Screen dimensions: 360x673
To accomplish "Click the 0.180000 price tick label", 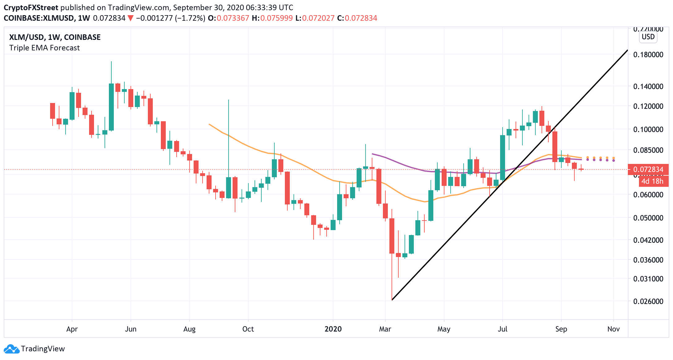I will [648, 55].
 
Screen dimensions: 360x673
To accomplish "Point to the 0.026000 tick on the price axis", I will [648, 301].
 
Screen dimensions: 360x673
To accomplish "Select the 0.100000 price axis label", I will [648, 129].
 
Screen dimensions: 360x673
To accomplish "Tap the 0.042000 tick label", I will [648, 240].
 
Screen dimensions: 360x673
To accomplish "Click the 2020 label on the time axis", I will [333, 329].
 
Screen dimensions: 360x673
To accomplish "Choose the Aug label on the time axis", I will [189, 329].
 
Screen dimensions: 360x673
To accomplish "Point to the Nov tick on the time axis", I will [613, 329].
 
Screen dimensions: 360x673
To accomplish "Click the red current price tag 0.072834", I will [648, 169].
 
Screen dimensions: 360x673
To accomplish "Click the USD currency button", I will [648, 37].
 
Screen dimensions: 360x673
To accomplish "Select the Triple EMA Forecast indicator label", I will [44, 48].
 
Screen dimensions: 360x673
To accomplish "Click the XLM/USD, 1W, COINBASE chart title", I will [55, 37].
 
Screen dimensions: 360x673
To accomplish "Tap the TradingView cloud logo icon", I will [11, 349].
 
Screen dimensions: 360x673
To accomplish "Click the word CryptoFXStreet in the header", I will [31, 7].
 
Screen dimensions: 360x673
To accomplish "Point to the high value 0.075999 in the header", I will [276, 18].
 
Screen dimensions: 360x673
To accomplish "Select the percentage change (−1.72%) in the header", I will [190, 18].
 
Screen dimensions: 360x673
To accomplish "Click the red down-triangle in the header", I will [131, 18].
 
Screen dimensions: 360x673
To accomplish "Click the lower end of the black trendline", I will [392, 300].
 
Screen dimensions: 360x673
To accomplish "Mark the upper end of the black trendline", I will [627, 50].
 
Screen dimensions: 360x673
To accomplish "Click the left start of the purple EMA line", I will [372, 154].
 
